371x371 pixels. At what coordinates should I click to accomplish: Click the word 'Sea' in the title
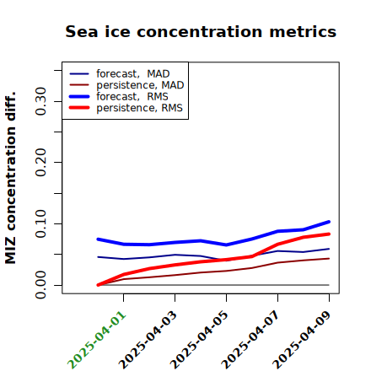click(x=82, y=31)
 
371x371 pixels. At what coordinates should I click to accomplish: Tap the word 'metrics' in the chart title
click(x=303, y=31)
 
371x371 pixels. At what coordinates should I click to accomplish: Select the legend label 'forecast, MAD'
click(x=133, y=74)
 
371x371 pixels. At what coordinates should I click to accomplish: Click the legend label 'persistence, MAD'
click(x=140, y=85)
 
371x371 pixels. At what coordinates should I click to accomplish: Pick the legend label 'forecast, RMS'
click(x=132, y=97)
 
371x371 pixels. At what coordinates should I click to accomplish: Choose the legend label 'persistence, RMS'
click(x=139, y=108)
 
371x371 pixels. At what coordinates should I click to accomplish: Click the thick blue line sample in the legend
click(x=79, y=97)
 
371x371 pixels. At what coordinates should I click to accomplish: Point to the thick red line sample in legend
click(x=79, y=108)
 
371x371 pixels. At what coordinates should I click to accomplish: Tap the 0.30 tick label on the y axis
click(x=40, y=101)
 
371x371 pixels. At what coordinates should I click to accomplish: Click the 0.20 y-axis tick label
click(x=40, y=163)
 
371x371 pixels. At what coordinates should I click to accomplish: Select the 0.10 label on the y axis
click(x=40, y=223)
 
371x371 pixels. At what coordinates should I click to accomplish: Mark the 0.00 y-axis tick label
click(x=40, y=285)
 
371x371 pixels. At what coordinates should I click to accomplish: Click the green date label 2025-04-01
click(x=97, y=340)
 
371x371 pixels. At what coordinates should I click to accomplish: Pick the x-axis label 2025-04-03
click(x=148, y=340)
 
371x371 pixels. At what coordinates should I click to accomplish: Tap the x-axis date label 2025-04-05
click(x=200, y=340)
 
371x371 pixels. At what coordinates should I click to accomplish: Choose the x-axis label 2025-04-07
click(x=251, y=340)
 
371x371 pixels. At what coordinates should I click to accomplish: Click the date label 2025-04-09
click(x=303, y=340)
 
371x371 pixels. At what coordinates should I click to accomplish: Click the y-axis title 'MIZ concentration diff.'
click(x=10, y=178)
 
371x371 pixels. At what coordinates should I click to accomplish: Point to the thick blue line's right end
click(x=329, y=222)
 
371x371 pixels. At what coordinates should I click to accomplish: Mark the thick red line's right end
click(x=329, y=234)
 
